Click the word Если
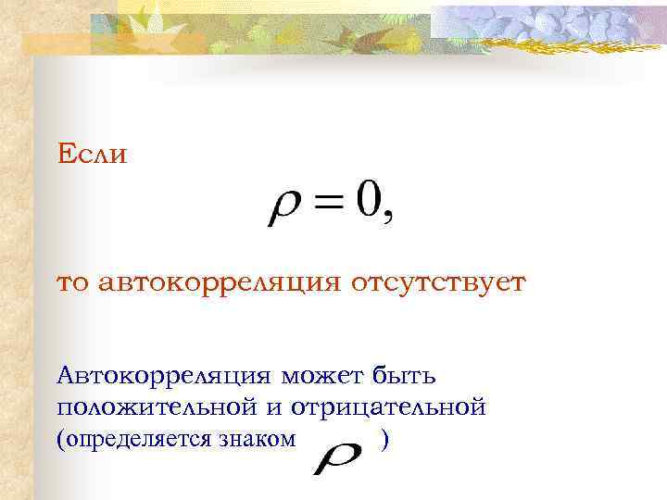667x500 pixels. (x=92, y=154)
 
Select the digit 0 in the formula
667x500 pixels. (x=370, y=201)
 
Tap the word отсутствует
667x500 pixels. (x=436, y=281)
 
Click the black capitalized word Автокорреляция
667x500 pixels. (x=163, y=376)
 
